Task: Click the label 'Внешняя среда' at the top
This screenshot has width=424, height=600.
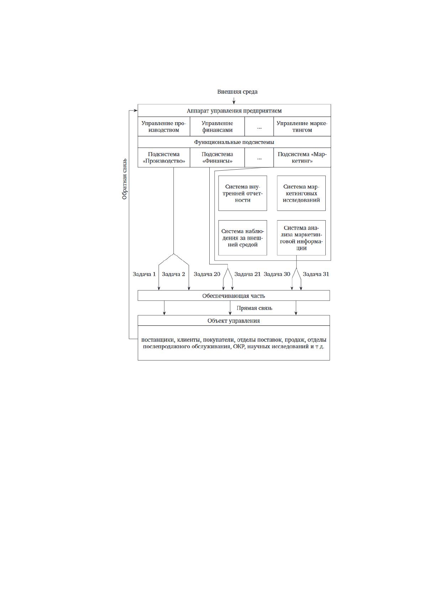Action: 237,92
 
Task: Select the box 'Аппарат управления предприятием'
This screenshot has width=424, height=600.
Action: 234,110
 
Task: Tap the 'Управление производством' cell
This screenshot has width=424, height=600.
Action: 164,126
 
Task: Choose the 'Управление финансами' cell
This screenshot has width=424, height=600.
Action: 218,126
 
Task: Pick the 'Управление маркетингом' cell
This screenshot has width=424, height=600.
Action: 302,126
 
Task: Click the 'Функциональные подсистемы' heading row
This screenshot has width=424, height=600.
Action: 234,142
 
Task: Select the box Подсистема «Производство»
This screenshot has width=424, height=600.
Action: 164,157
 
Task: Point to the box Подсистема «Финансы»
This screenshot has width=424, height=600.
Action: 218,157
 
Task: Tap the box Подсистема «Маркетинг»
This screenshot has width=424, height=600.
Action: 302,157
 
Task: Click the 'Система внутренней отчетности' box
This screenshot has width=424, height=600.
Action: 242,193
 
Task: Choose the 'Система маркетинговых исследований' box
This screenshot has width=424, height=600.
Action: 301,193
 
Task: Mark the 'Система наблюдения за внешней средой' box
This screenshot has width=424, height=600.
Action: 242,238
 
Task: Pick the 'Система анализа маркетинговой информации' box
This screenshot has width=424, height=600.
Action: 301,238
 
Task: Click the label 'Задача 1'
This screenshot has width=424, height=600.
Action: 144,274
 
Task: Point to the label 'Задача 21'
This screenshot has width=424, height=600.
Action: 247,274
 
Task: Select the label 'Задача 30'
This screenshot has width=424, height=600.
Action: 277,274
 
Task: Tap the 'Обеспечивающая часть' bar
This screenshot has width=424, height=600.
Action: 234,295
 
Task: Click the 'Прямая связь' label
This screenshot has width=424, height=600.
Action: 254,308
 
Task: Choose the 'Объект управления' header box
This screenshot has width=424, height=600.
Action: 234,321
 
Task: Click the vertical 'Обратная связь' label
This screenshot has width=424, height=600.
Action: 125,179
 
